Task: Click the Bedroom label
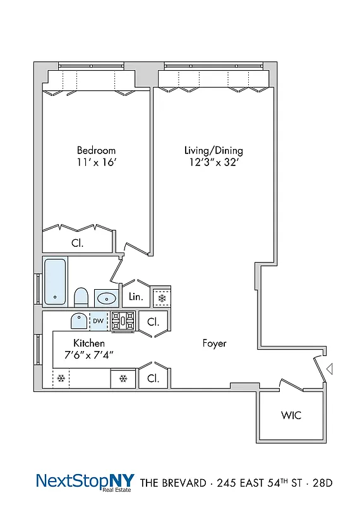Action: [x=96, y=150]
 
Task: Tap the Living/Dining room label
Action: [x=213, y=150]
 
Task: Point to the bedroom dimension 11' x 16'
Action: [x=96, y=162]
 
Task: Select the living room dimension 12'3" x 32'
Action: [x=213, y=162]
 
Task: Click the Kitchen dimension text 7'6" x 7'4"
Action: [x=93, y=355]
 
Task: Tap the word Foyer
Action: [x=214, y=343]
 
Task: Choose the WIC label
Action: [x=291, y=415]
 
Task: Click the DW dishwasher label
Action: [x=98, y=321]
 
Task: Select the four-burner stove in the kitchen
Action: [x=124, y=321]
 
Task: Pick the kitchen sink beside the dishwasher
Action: [x=79, y=321]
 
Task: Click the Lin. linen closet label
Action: [x=135, y=297]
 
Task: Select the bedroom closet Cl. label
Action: [x=78, y=242]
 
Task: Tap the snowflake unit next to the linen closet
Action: [x=162, y=297]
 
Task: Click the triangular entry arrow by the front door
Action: [x=329, y=368]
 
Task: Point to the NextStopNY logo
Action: [x=85, y=482]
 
